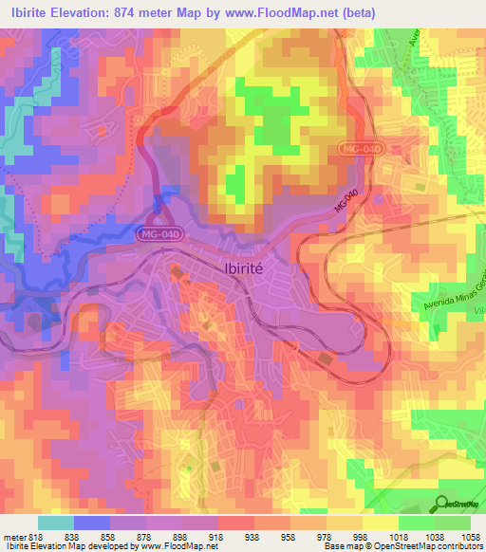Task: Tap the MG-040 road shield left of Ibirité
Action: coord(158,231)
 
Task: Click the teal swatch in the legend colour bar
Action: coord(55,523)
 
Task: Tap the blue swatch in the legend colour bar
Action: coord(92,523)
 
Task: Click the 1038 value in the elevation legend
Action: coord(434,536)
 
